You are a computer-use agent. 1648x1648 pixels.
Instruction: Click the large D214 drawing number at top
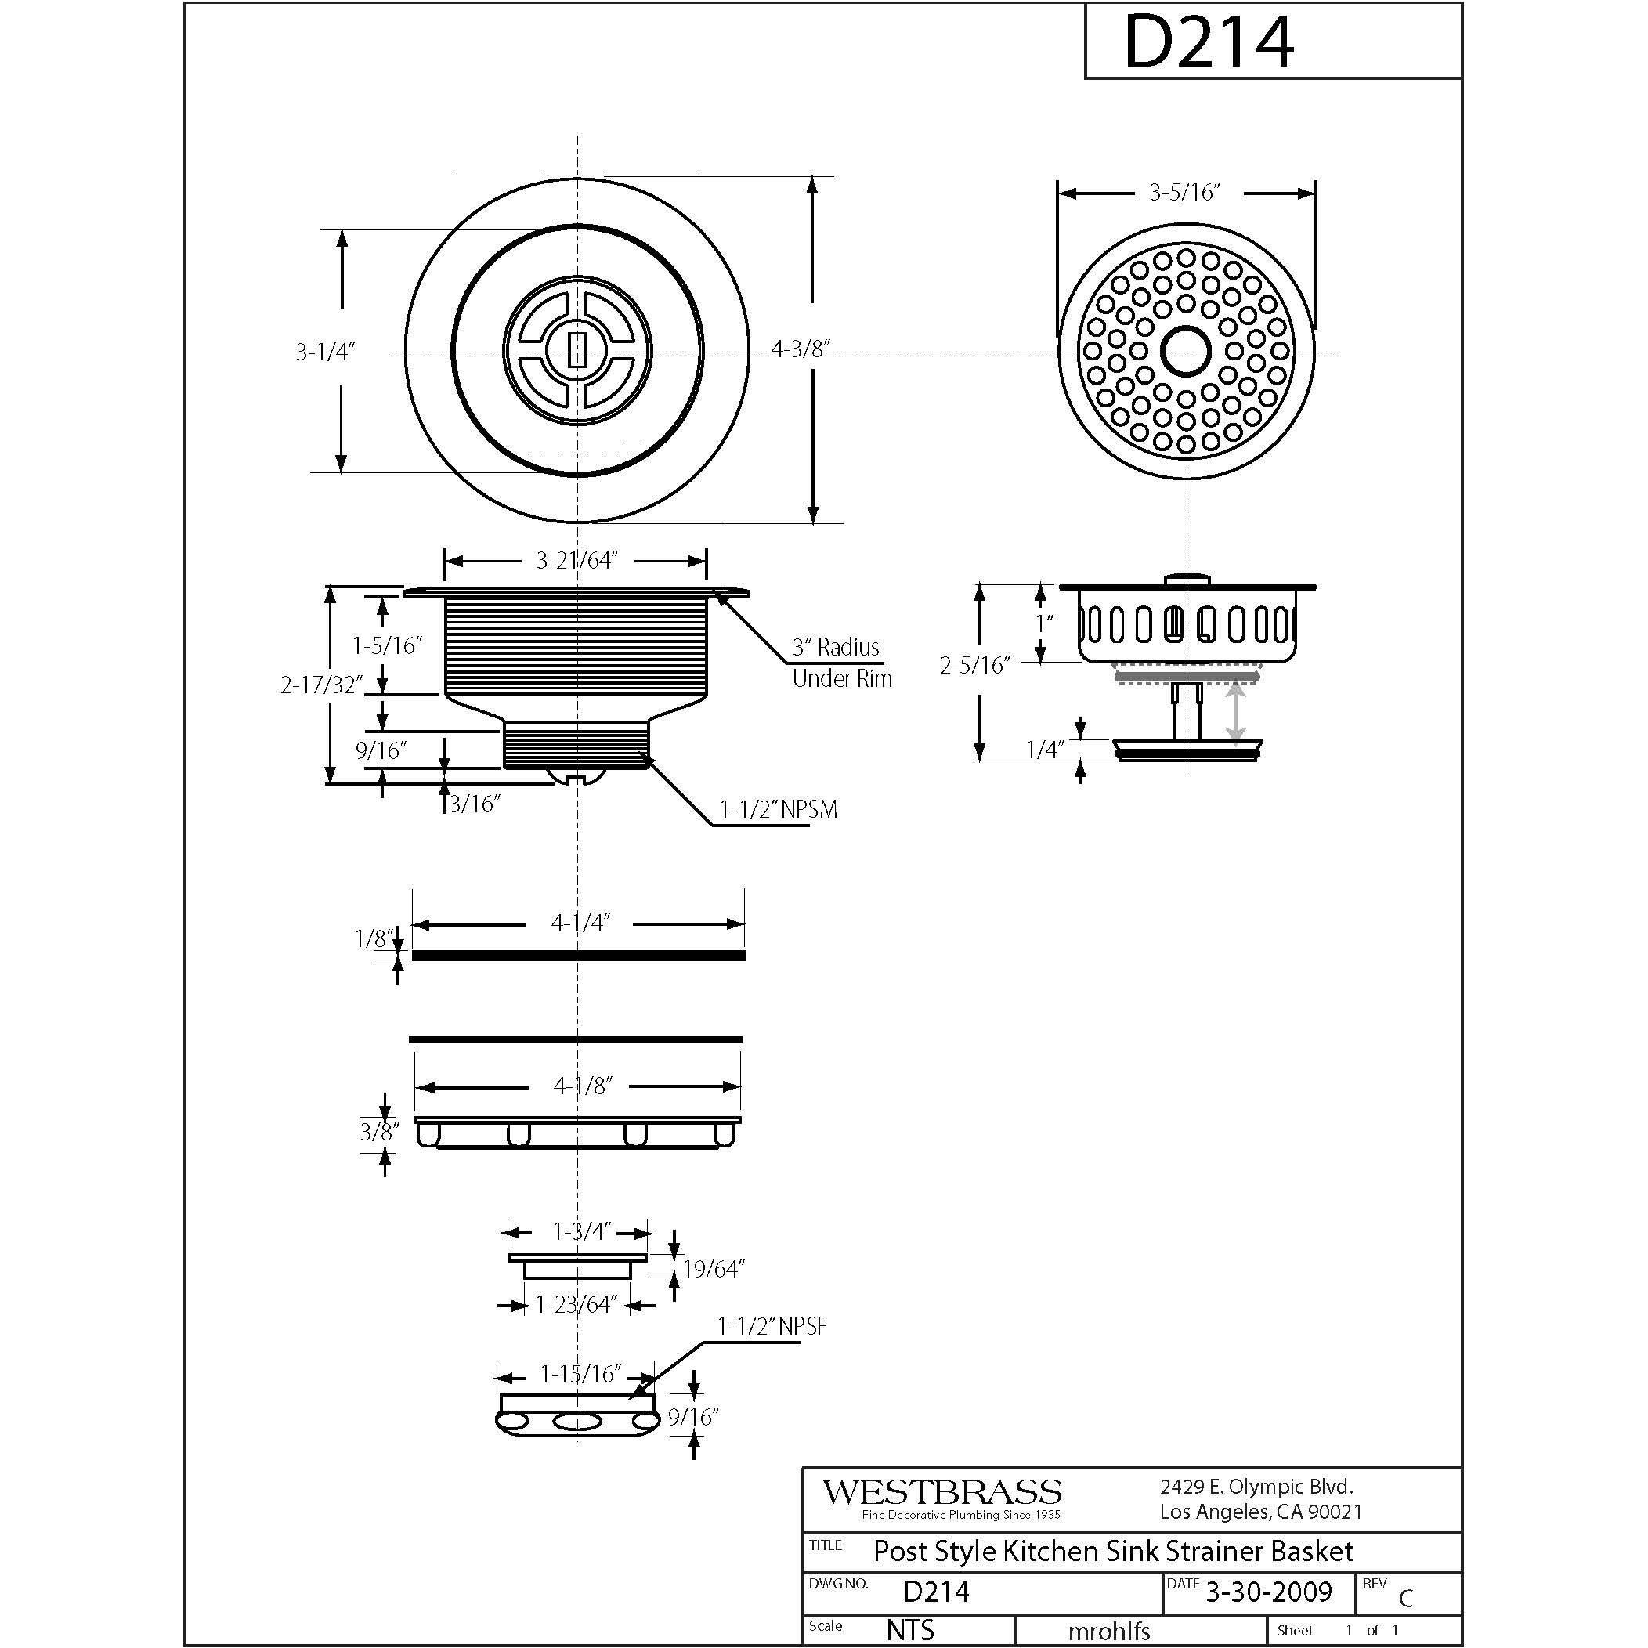pyautogui.click(x=1209, y=42)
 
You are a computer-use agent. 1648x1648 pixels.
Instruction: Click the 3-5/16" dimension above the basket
pyautogui.click(x=1184, y=193)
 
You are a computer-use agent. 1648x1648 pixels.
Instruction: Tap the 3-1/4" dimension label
pyautogui.click(x=325, y=352)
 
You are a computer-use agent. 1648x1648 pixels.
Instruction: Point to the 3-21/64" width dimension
pyautogui.click(x=576, y=560)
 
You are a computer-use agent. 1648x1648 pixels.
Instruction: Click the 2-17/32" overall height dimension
pyautogui.click(x=323, y=685)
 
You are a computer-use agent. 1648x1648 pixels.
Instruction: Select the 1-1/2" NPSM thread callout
pyautogui.click(x=778, y=809)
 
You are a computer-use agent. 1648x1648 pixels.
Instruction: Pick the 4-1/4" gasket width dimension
pyautogui.click(x=580, y=923)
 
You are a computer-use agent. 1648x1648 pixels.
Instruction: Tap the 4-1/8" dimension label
pyautogui.click(x=583, y=1086)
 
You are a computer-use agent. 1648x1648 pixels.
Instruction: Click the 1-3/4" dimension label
pyautogui.click(x=582, y=1232)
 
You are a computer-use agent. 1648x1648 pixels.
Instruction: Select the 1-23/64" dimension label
pyautogui.click(x=576, y=1304)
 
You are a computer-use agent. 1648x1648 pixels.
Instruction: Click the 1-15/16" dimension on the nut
pyautogui.click(x=580, y=1374)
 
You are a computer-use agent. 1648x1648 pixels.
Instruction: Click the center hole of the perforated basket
pyautogui.click(x=1186, y=351)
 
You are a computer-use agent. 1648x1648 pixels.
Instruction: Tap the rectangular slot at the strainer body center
pyautogui.click(x=577, y=350)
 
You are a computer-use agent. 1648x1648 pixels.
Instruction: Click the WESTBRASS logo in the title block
pyautogui.click(x=941, y=1493)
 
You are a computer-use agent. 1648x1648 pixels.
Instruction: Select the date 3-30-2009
pyautogui.click(x=1267, y=1591)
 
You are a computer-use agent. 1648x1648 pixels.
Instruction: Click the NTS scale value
pyautogui.click(x=910, y=1629)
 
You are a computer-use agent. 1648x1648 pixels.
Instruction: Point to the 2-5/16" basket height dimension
pyautogui.click(x=974, y=665)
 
